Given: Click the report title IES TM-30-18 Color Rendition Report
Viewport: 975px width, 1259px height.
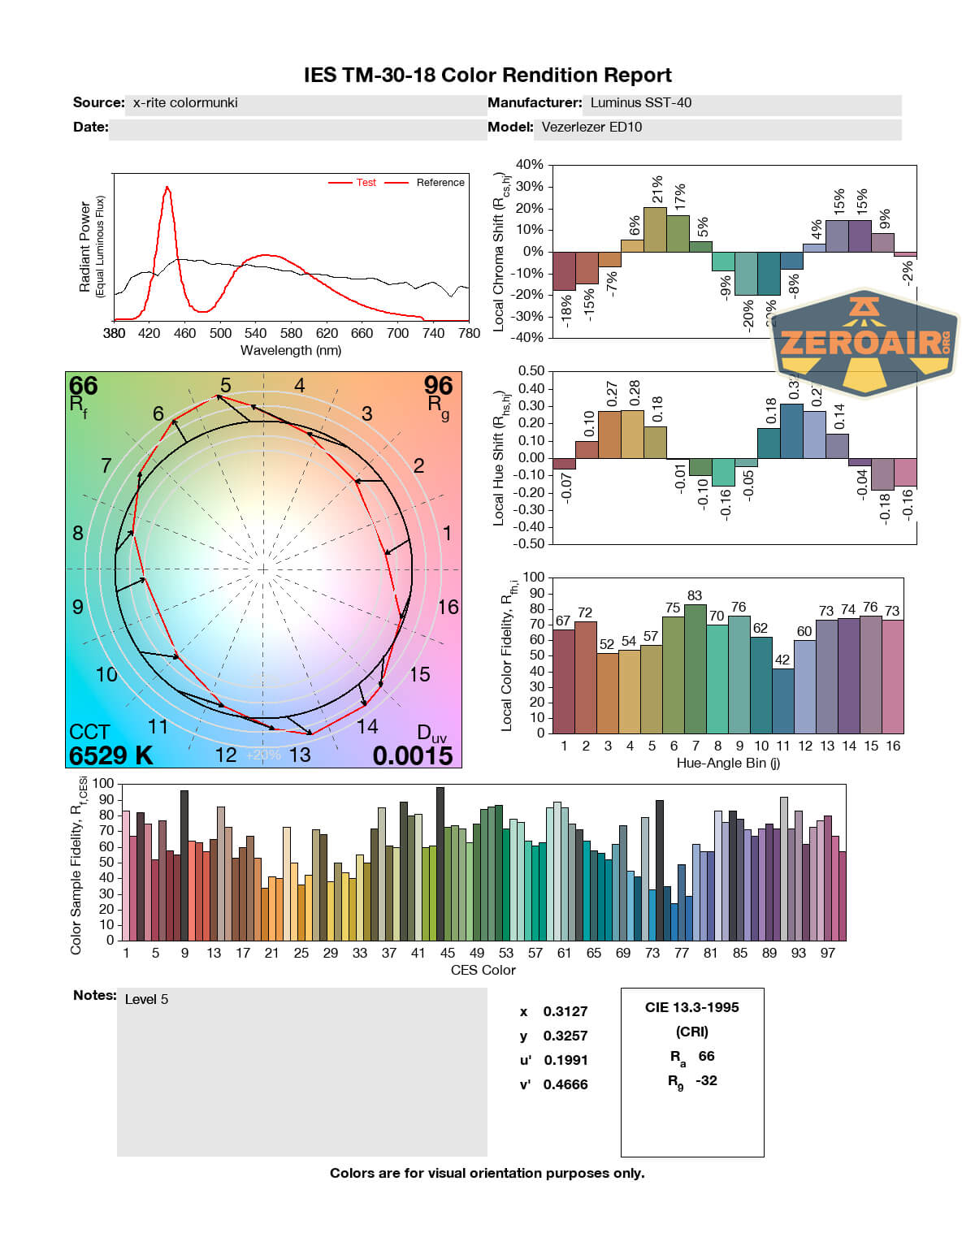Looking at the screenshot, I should click(487, 76).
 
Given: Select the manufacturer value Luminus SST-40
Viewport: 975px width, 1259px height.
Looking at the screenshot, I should click(640, 103).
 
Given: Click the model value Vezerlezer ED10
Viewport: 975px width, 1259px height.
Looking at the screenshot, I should click(591, 128).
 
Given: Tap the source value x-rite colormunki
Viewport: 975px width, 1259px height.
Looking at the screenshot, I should click(185, 103).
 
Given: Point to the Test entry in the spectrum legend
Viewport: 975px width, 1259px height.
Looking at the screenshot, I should click(366, 183).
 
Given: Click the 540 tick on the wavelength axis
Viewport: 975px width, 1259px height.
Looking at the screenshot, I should click(255, 333).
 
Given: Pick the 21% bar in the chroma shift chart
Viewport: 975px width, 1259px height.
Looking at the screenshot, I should click(655, 229).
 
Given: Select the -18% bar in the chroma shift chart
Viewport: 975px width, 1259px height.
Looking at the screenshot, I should click(563, 270).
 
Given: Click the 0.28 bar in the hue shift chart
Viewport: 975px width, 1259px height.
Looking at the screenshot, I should click(632, 434).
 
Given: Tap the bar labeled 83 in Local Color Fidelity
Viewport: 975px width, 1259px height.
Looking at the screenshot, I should click(695, 668).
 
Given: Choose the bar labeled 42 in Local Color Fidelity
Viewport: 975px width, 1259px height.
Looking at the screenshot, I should click(782, 699).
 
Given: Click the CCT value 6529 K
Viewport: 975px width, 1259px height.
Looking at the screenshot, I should click(110, 755).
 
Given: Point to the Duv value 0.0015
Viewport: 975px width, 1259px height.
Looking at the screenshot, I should click(413, 755).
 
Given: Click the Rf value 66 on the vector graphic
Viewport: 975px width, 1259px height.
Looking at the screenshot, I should click(83, 386).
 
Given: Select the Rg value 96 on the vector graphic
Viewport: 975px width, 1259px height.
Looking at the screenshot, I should click(438, 386).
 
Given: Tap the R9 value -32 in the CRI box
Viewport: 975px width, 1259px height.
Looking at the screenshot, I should click(706, 1081).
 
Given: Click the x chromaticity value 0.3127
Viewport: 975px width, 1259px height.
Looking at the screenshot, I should click(565, 1012).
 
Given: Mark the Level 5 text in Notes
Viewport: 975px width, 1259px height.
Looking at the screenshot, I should click(146, 1000).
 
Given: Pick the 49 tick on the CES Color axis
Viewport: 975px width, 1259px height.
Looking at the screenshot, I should click(477, 954).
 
